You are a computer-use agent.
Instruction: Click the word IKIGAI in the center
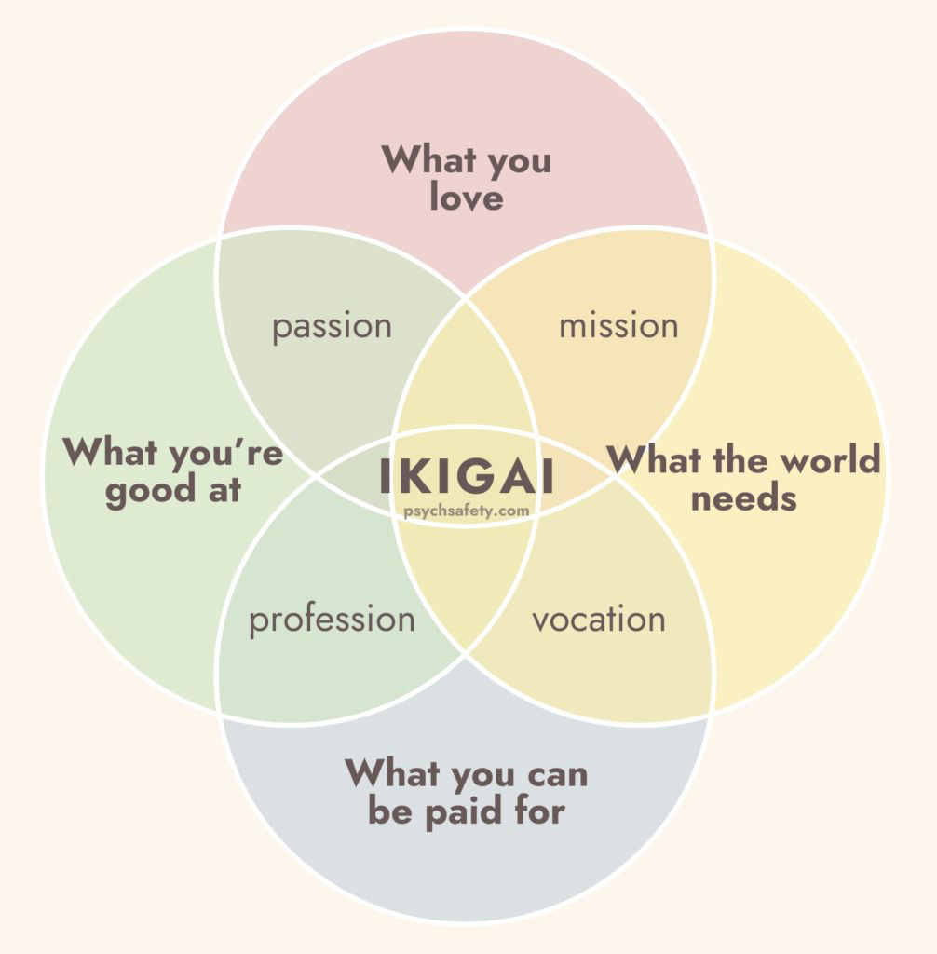pos(467,476)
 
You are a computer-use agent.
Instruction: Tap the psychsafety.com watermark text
pos(467,511)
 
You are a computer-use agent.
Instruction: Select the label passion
pos(332,327)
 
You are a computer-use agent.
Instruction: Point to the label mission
pos(618,326)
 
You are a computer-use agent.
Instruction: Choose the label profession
pos(332,620)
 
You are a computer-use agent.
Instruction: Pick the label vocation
pos(599,620)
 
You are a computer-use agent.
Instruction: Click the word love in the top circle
pos(466,198)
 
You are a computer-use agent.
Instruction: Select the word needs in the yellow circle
pos(743,497)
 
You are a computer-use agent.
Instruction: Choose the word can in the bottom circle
pos(553,773)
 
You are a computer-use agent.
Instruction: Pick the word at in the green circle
pos(223,490)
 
